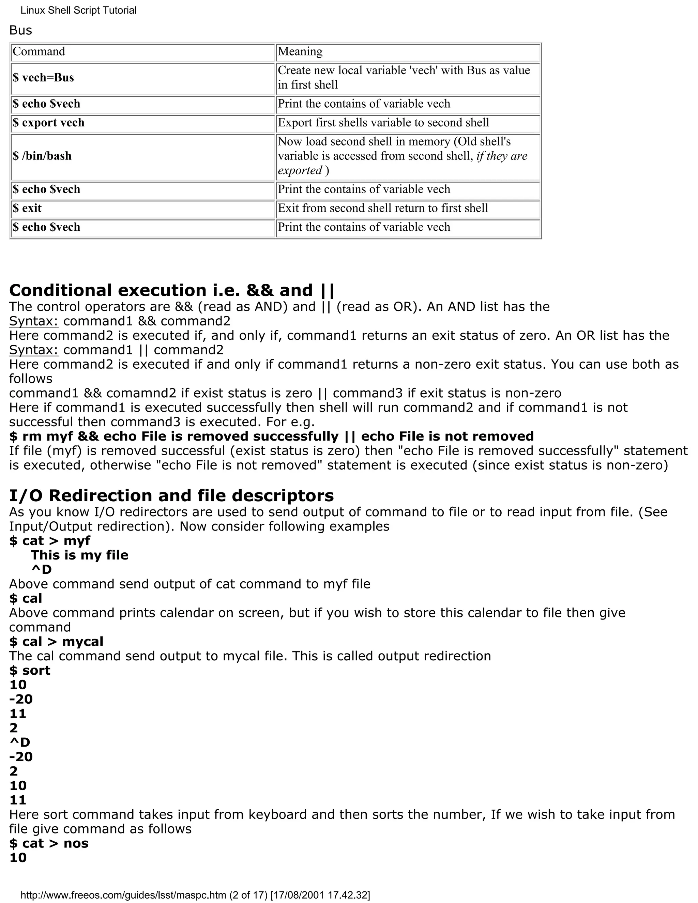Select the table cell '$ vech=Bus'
[x=43, y=78]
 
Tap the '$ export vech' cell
[x=48, y=123]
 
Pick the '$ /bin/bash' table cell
[x=42, y=156]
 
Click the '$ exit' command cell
[x=27, y=208]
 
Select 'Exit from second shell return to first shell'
[x=383, y=208]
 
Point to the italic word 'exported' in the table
[x=300, y=170]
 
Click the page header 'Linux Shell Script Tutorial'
[x=79, y=10]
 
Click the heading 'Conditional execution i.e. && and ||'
[x=172, y=290]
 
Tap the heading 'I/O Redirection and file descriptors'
[x=171, y=495]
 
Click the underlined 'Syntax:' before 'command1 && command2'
[x=34, y=321]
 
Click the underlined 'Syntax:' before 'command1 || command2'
[x=34, y=350]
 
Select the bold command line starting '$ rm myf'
[x=271, y=436]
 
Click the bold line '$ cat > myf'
[x=50, y=540]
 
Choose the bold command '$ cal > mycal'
[x=56, y=641]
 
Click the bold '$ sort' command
[x=30, y=670]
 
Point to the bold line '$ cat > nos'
[x=49, y=843]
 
